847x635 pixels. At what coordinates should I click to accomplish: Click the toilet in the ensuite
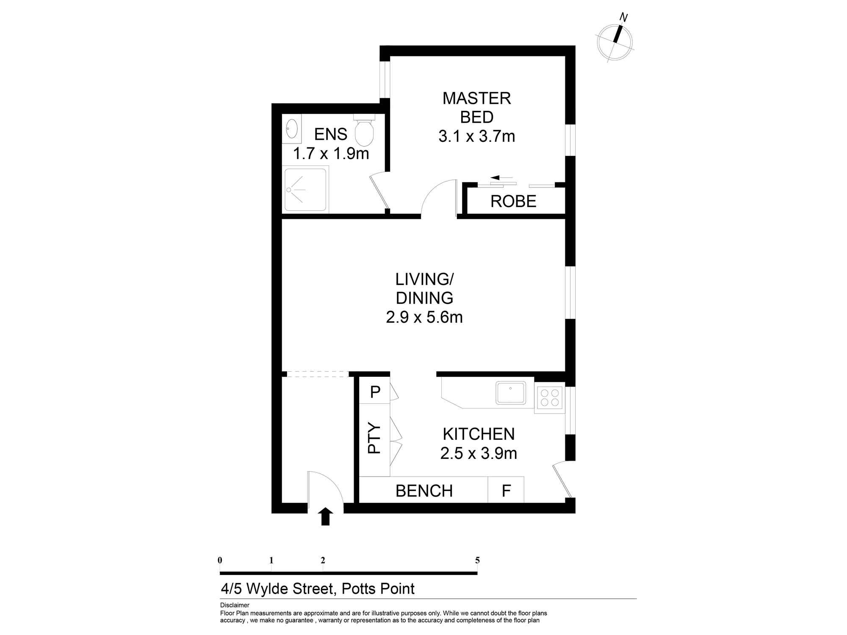[364, 131]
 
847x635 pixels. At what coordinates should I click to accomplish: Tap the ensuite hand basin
[292, 128]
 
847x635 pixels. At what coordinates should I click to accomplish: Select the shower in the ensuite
[306, 190]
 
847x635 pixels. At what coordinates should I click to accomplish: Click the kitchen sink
[511, 393]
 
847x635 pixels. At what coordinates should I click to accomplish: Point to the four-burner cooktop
[550, 398]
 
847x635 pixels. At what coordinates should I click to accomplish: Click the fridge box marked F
[506, 491]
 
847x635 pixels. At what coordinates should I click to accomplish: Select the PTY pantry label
[374, 438]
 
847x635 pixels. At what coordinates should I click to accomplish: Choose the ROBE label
[513, 202]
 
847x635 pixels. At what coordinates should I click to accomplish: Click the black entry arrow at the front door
[325, 516]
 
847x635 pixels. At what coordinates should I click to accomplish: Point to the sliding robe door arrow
[501, 178]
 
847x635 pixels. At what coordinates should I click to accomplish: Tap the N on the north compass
[623, 17]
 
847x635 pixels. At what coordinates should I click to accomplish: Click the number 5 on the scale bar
[477, 560]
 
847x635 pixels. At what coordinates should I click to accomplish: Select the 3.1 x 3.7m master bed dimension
[476, 136]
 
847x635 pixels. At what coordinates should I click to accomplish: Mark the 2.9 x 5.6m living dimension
[424, 317]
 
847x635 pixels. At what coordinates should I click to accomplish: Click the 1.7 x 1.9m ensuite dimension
[331, 154]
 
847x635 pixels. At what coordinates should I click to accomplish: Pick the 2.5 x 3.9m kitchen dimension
[479, 453]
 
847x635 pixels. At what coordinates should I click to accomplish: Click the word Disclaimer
[235, 605]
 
